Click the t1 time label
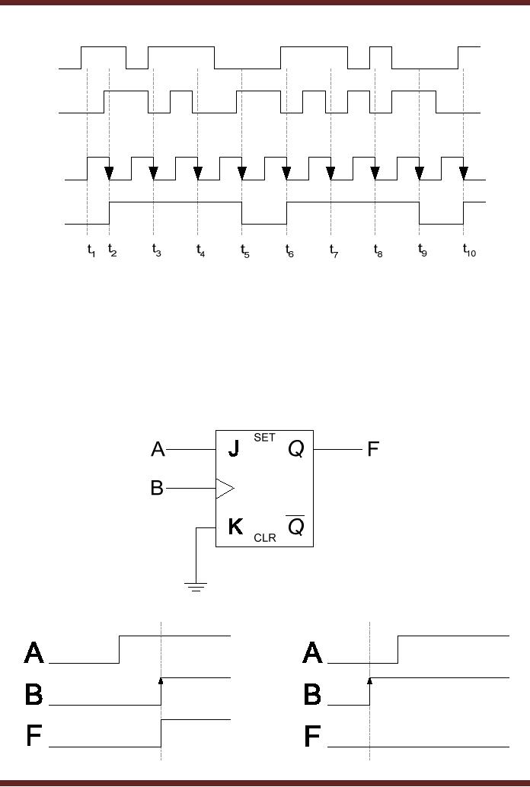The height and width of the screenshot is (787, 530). point(91,250)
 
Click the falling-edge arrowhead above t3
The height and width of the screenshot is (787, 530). point(153,174)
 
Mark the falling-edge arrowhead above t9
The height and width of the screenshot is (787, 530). point(419,174)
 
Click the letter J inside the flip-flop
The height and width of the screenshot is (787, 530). point(234,449)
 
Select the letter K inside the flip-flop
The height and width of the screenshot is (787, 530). point(235,526)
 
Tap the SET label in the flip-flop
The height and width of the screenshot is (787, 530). point(264,438)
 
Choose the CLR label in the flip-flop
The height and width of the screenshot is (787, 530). point(264,537)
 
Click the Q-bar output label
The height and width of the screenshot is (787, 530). point(295,525)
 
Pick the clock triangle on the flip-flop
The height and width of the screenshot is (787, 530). point(225,488)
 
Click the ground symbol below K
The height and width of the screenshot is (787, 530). point(196,586)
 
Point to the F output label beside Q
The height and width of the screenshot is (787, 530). point(373,449)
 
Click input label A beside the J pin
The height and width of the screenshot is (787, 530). point(158,449)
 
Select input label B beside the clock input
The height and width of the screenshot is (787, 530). point(157,488)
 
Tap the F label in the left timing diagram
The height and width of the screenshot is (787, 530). point(34,736)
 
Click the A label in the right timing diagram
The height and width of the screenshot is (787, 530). point(312,652)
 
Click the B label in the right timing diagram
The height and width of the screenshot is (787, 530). point(312,694)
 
